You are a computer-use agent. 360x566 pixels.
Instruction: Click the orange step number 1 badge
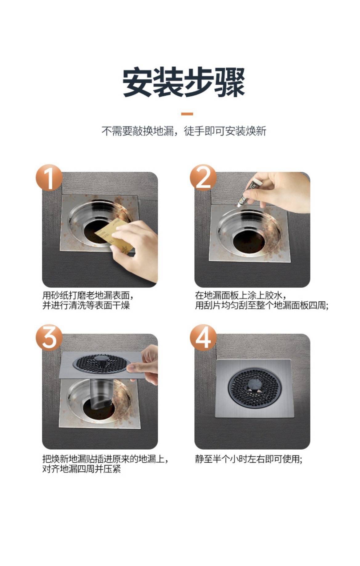tap(49, 178)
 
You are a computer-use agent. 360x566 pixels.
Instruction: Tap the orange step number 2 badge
tap(203, 178)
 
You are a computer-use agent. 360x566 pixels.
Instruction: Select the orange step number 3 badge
tap(49, 338)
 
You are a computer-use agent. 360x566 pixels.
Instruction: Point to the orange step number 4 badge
tap(203, 338)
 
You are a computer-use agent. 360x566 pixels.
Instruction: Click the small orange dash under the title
tap(187, 114)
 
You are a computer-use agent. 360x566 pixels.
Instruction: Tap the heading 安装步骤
tap(184, 82)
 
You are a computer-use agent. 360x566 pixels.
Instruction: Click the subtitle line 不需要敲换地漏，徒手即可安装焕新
tap(184, 131)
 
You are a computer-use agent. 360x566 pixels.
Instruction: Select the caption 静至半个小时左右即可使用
tap(249, 459)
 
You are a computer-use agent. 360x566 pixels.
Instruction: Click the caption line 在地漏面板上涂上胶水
tap(241, 295)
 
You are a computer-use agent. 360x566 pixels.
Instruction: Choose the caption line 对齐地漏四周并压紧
tap(82, 469)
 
